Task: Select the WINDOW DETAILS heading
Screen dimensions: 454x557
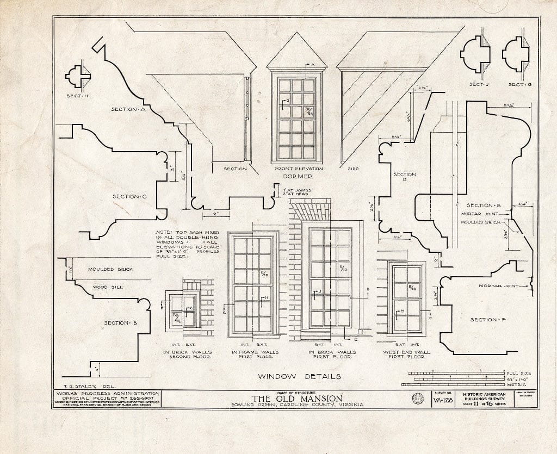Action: pos(299,376)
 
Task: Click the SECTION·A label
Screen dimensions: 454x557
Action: pos(127,109)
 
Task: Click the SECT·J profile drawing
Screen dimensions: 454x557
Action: pos(475,55)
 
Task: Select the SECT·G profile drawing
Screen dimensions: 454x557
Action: pos(516,54)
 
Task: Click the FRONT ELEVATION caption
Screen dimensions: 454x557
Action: pos(299,169)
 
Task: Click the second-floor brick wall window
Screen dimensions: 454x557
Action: pos(183,311)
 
